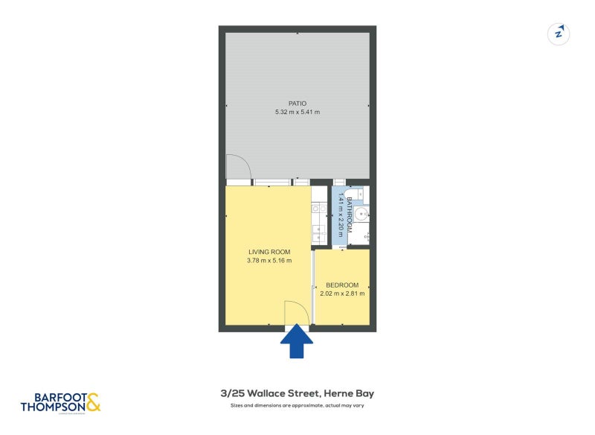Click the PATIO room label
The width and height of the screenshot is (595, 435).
click(x=297, y=104)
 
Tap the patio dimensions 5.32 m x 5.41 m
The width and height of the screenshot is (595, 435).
click(x=297, y=112)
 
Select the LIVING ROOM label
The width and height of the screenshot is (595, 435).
click(x=269, y=252)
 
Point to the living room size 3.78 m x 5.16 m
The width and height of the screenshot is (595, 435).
click(x=269, y=261)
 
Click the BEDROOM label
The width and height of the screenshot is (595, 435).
click(x=342, y=285)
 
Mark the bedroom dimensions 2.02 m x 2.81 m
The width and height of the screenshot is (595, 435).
click(x=342, y=294)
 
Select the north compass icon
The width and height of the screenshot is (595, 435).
click(x=559, y=34)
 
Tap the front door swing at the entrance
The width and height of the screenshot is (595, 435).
click(x=295, y=314)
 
